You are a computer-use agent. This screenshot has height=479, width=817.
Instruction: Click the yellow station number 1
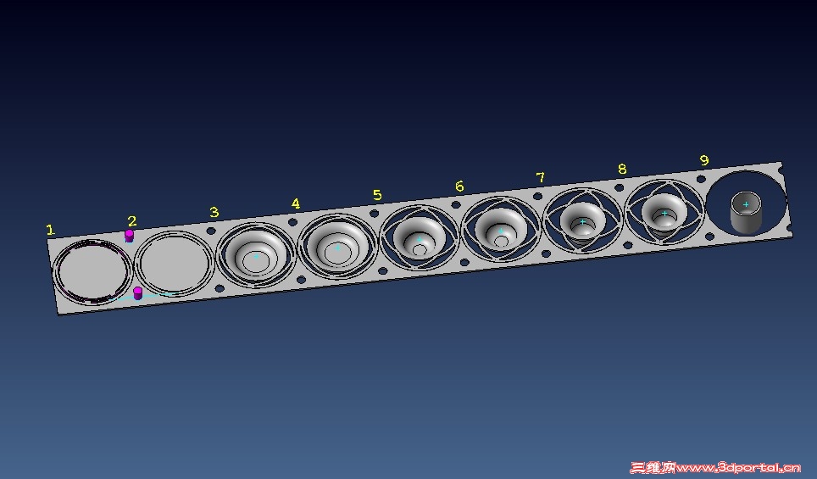[x=50, y=230]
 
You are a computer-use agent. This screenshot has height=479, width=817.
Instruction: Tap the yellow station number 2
[x=132, y=221]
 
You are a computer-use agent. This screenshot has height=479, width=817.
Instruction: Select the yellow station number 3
[x=214, y=212]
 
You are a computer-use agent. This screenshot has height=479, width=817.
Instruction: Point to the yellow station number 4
[x=296, y=203]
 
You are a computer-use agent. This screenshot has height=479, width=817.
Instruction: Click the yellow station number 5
[x=378, y=195]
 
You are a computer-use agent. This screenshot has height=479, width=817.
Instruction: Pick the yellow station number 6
[x=459, y=186]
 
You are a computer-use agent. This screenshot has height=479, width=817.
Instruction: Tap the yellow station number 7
[x=541, y=178]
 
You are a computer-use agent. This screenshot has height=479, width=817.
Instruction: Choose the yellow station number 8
[x=622, y=169]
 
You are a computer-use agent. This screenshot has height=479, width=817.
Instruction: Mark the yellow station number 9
[x=704, y=160]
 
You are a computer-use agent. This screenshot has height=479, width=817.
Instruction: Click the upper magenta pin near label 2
[x=129, y=236]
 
